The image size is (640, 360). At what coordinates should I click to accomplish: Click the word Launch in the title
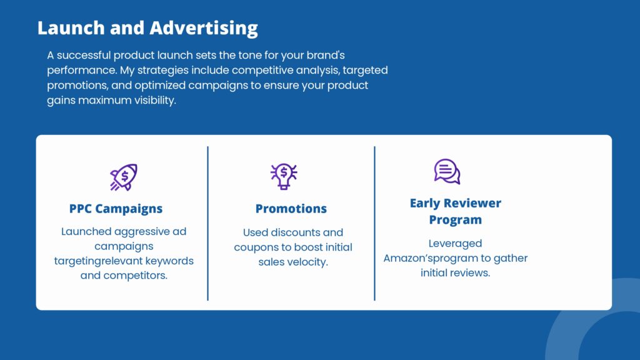click(x=71, y=27)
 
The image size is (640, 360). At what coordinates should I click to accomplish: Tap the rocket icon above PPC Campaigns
click(x=124, y=177)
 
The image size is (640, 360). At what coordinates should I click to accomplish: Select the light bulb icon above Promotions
click(x=284, y=176)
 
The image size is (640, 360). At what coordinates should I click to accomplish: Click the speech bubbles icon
click(x=447, y=171)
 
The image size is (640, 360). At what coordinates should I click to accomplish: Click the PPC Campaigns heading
click(x=116, y=209)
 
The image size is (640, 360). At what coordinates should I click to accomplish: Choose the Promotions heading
click(x=291, y=209)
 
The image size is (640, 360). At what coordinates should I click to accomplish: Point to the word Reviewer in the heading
click(x=472, y=203)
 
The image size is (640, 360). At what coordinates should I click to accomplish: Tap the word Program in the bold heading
click(x=456, y=219)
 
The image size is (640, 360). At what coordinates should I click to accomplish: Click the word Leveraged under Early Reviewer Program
click(x=455, y=244)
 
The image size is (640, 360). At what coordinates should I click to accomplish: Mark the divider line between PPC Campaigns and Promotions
click(x=207, y=223)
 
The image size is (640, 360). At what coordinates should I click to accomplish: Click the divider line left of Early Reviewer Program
click(x=374, y=223)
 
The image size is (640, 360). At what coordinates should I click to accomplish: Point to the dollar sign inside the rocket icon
click(x=125, y=176)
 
